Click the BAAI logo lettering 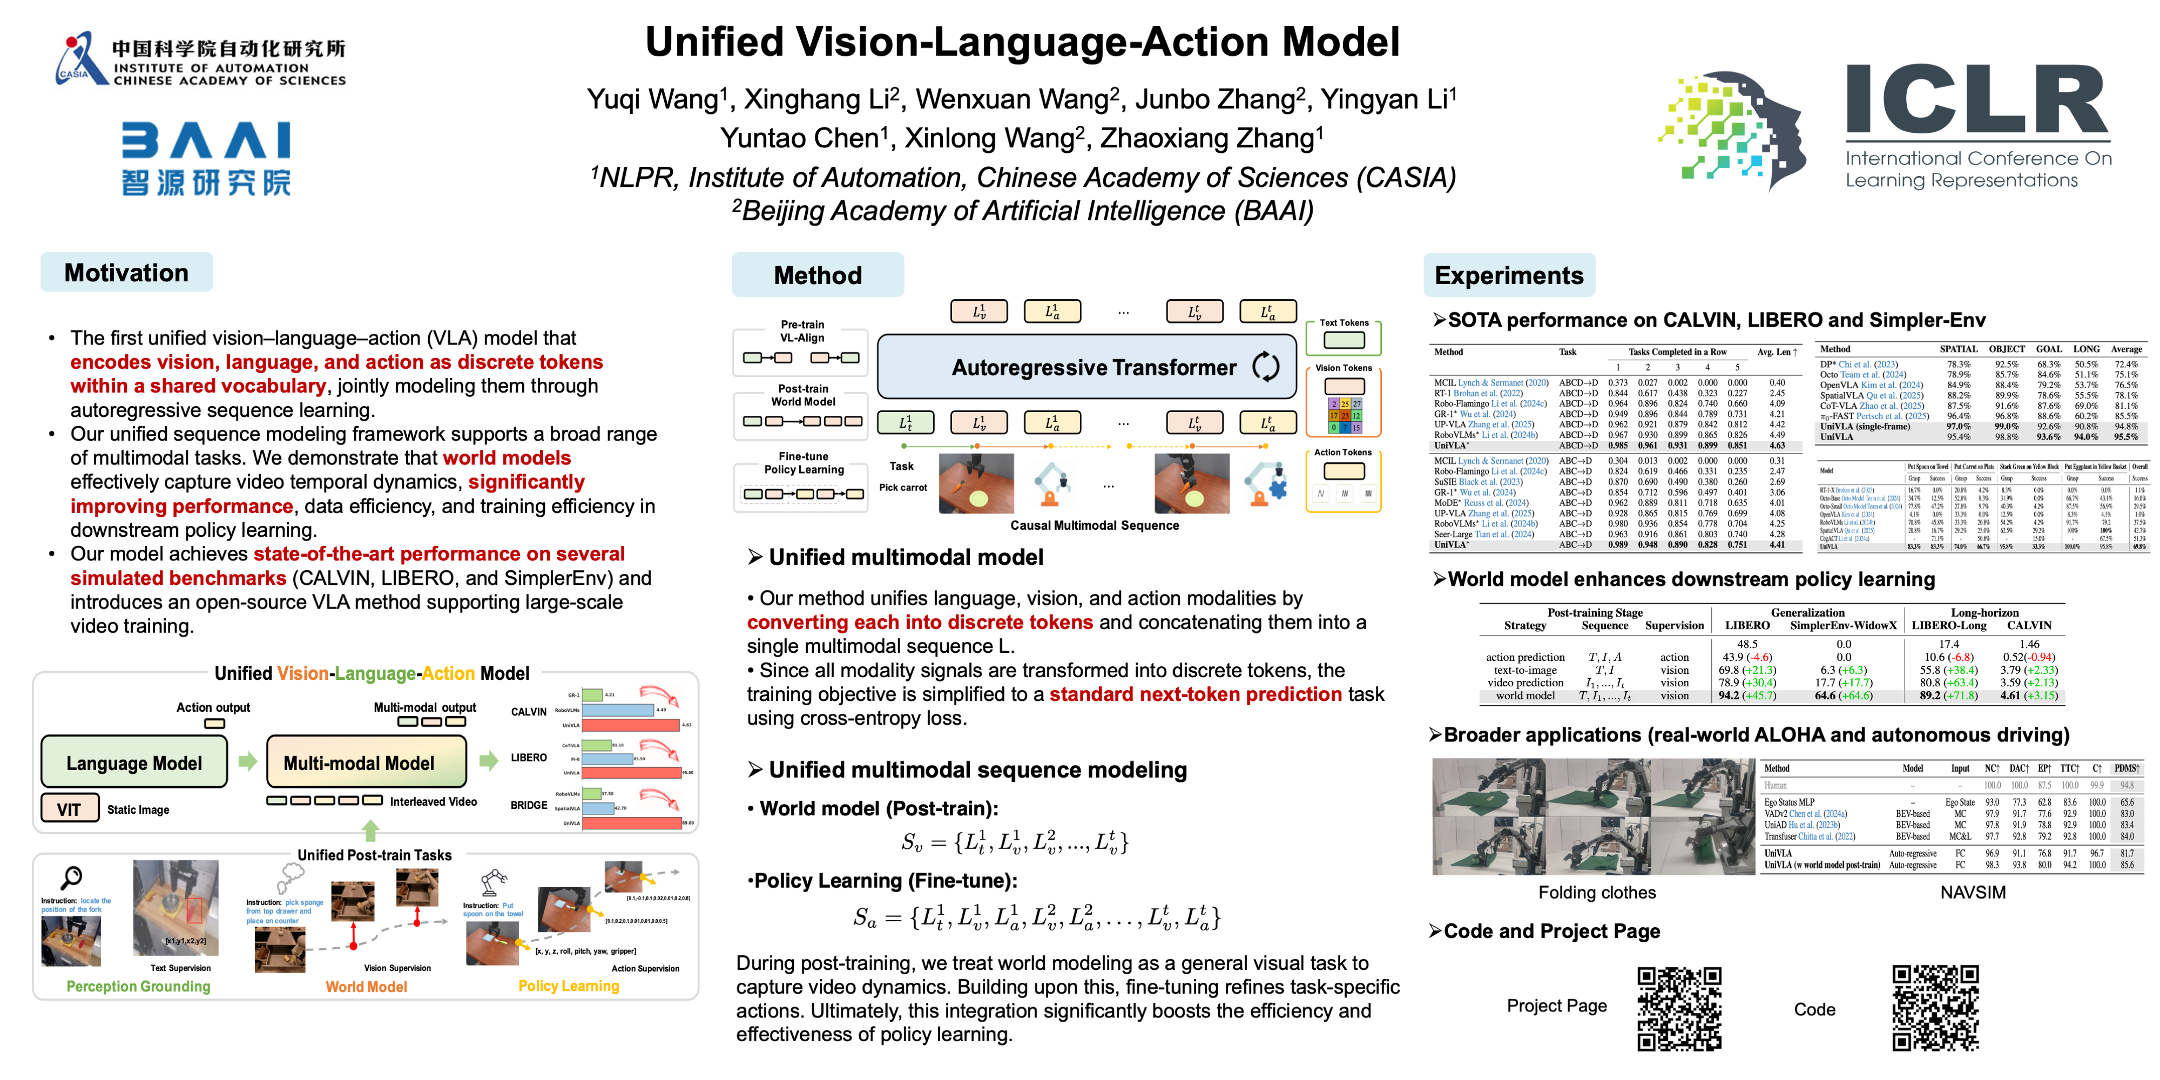(x=206, y=140)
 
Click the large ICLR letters (x=1976, y=100)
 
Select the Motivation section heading (x=126, y=273)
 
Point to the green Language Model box (x=134, y=762)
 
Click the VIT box (x=70, y=809)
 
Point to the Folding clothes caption (x=1597, y=892)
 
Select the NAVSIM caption (x=1972, y=892)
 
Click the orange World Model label (x=367, y=987)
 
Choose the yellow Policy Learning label (x=569, y=986)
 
